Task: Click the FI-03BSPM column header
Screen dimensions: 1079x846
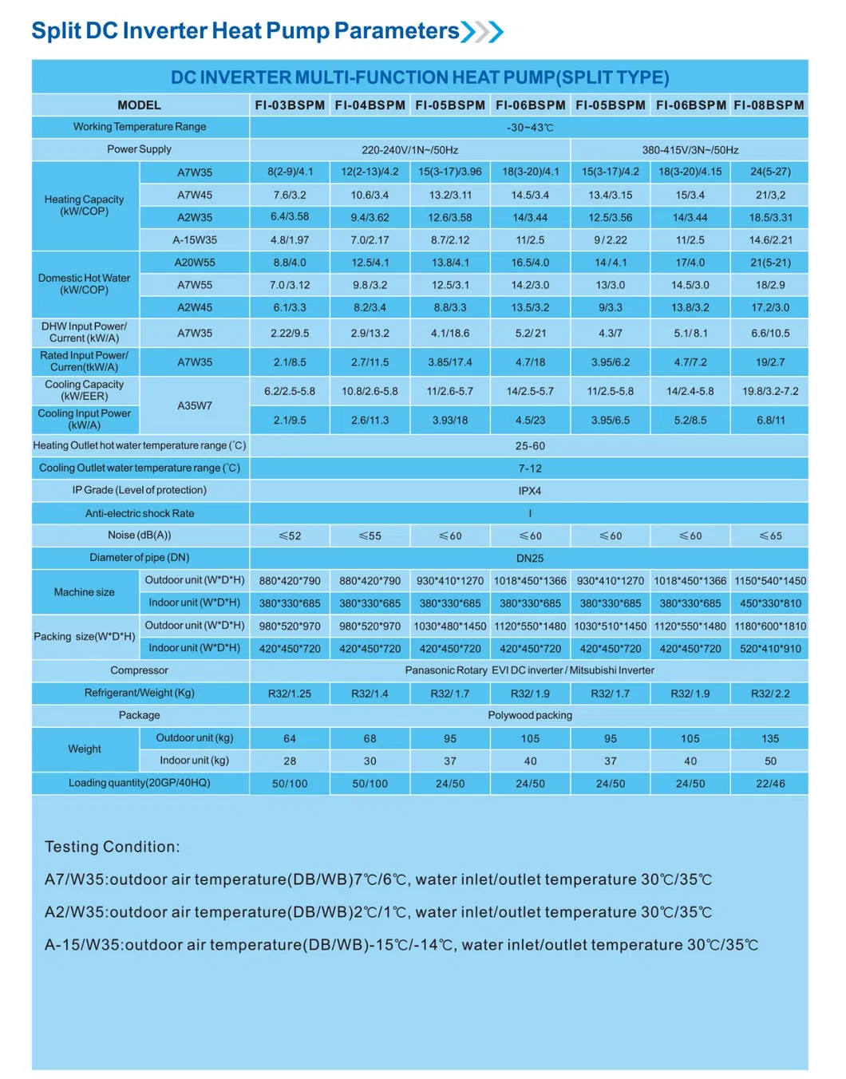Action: click(x=290, y=105)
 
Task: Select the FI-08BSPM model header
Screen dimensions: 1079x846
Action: click(x=769, y=105)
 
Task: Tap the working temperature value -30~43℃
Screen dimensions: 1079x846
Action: click(x=530, y=128)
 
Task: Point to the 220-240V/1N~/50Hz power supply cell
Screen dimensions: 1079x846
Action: click(x=409, y=150)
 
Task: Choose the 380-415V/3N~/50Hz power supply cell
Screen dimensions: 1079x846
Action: click(x=690, y=150)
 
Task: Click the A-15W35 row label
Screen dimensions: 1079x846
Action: click(x=195, y=240)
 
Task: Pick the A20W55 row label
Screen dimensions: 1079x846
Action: click(x=195, y=263)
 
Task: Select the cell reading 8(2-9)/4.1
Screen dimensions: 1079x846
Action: click(x=290, y=172)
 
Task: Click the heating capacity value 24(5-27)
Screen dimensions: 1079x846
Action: click(x=770, y=172)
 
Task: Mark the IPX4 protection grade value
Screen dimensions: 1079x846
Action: click(x=530, y=491)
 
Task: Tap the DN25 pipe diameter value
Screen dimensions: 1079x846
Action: click(x=530, y=559)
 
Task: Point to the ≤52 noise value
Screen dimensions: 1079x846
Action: click(x=290, y=536)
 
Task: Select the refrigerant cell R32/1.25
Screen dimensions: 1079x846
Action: click(x=290, y=694)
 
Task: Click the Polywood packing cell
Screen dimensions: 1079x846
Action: click(x=530, y=716)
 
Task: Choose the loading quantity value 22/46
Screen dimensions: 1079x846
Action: click(x=770, y=784)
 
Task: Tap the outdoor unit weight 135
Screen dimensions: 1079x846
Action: click(x=770, y=739)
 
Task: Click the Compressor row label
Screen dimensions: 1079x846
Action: click(x=140, y=670)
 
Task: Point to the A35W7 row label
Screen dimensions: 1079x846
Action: click(x=195, y=405)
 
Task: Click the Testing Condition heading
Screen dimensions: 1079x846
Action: click(x=113, y=847)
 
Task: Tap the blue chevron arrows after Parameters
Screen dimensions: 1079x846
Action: click(x=483, y=31)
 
